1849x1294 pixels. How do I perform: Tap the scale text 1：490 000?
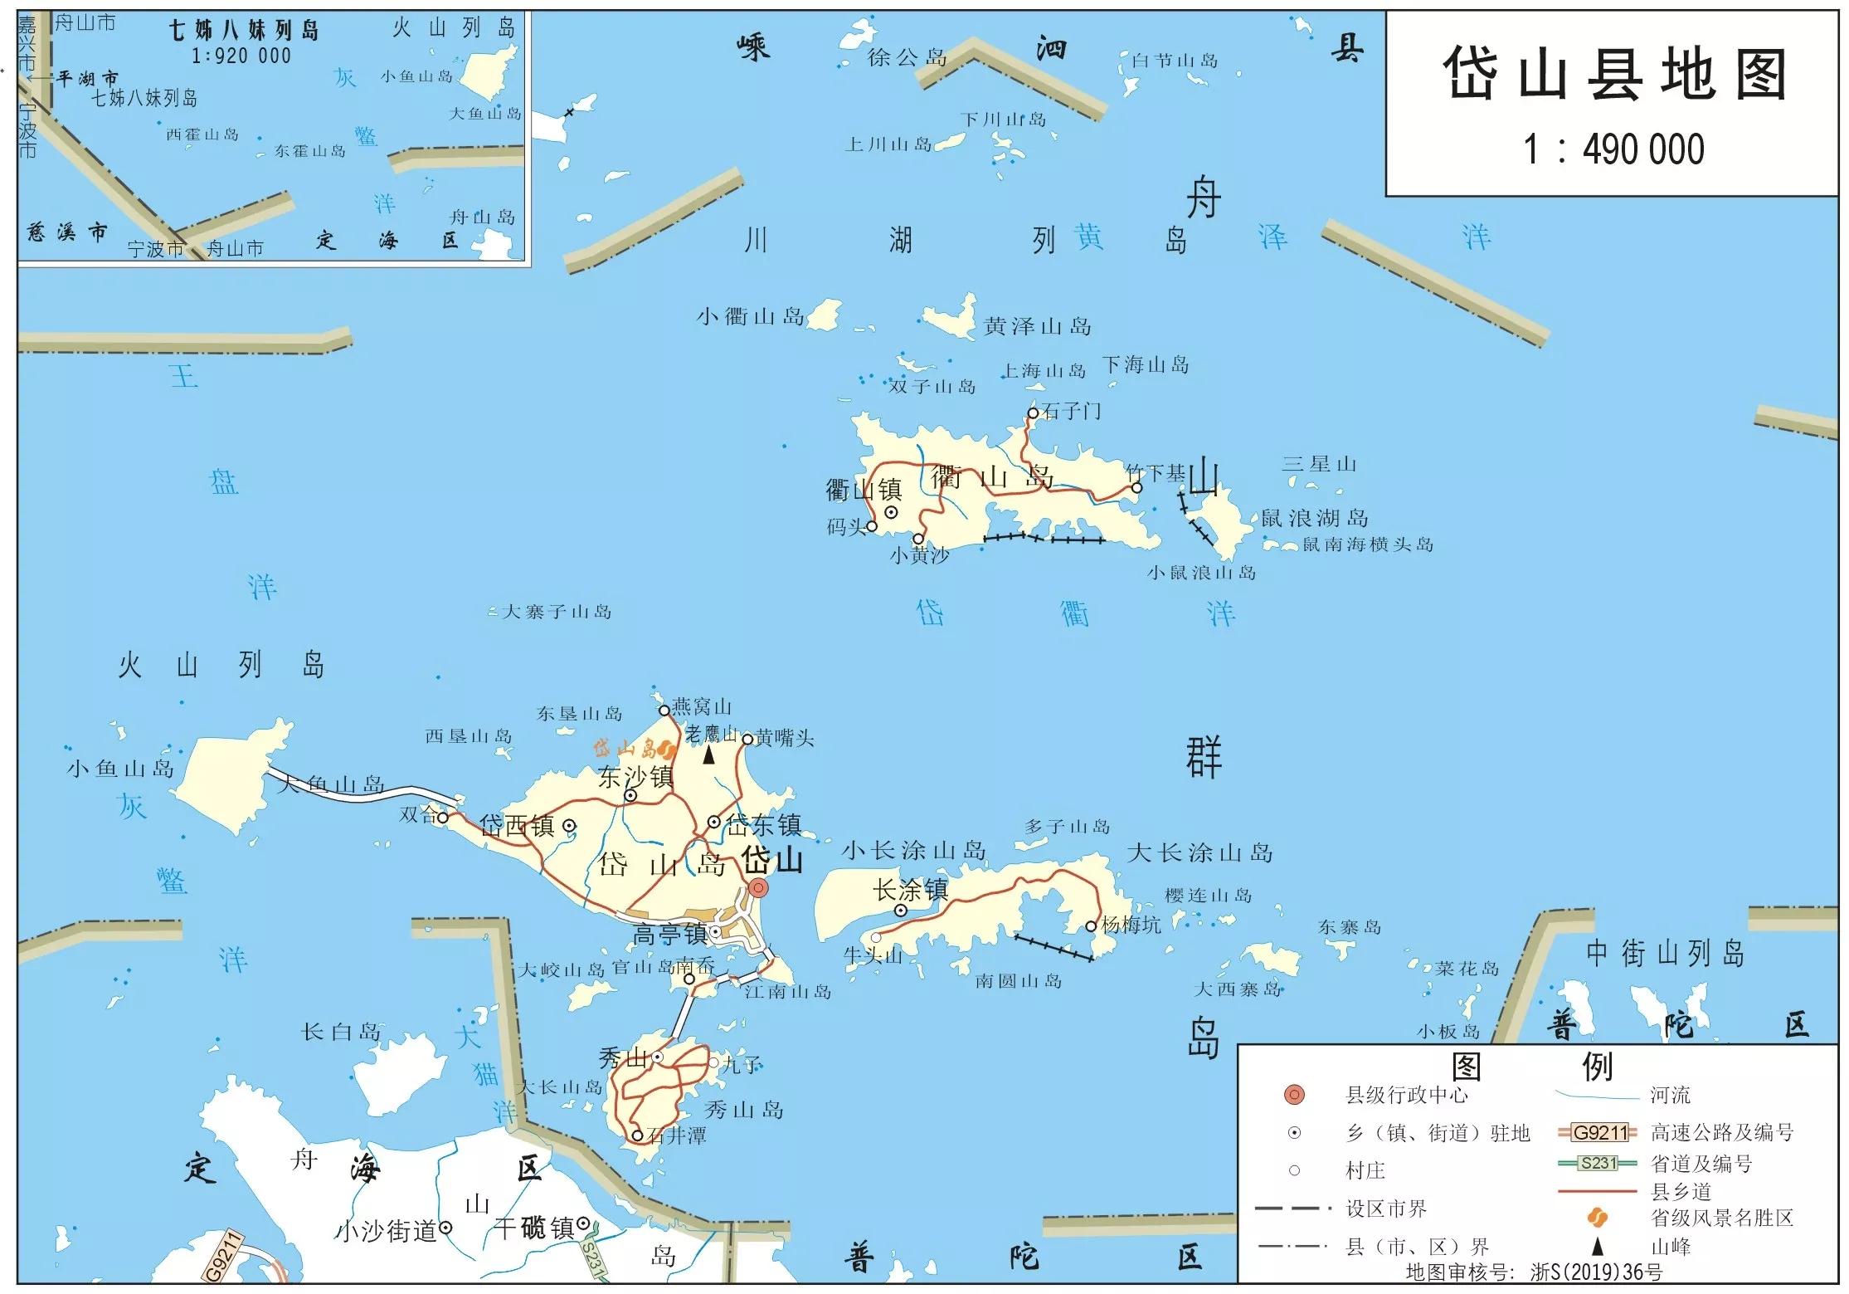pos(1613,150)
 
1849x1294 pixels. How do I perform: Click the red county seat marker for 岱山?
pos(758,888)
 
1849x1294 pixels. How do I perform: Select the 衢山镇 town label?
pos(863,490)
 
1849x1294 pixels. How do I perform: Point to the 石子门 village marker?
pos(1033,413)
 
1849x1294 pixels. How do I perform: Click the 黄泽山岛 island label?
pos(1037,326)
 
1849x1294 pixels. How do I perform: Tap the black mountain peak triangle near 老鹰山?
pos(709,755)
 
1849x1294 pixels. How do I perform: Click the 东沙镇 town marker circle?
pos(630,795)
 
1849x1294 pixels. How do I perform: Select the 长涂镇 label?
pos(910,891)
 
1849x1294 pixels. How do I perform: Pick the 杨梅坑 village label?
pos(1131,925)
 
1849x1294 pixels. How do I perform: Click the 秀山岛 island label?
pos(743,1110)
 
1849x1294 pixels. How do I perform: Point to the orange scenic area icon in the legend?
pos(1597,1218)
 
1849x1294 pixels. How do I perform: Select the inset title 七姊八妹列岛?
pos(244,32)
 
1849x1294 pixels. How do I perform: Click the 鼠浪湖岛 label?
pos(1314,519)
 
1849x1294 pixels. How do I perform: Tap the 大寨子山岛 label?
pos(557,613)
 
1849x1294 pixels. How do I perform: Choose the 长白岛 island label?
pos(340,1032)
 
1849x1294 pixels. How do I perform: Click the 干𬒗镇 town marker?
pos(583,1223)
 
